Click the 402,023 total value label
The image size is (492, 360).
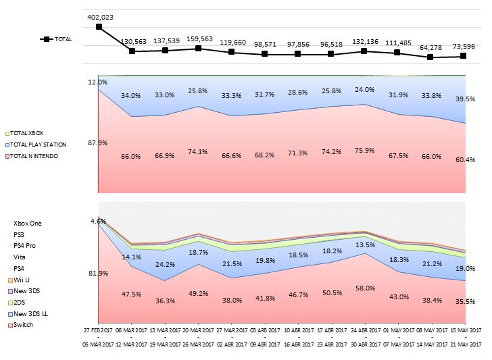pos(99,17)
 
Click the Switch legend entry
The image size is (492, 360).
pos(23,325)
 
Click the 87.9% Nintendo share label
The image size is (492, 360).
pos(98,143)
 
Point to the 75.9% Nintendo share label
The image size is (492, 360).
pos(364,150)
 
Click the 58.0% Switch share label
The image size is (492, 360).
pos(364,288)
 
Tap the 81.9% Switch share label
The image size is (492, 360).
pos(98,273)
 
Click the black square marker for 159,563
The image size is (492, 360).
pos(198,49)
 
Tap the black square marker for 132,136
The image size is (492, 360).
pos(364,51)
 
